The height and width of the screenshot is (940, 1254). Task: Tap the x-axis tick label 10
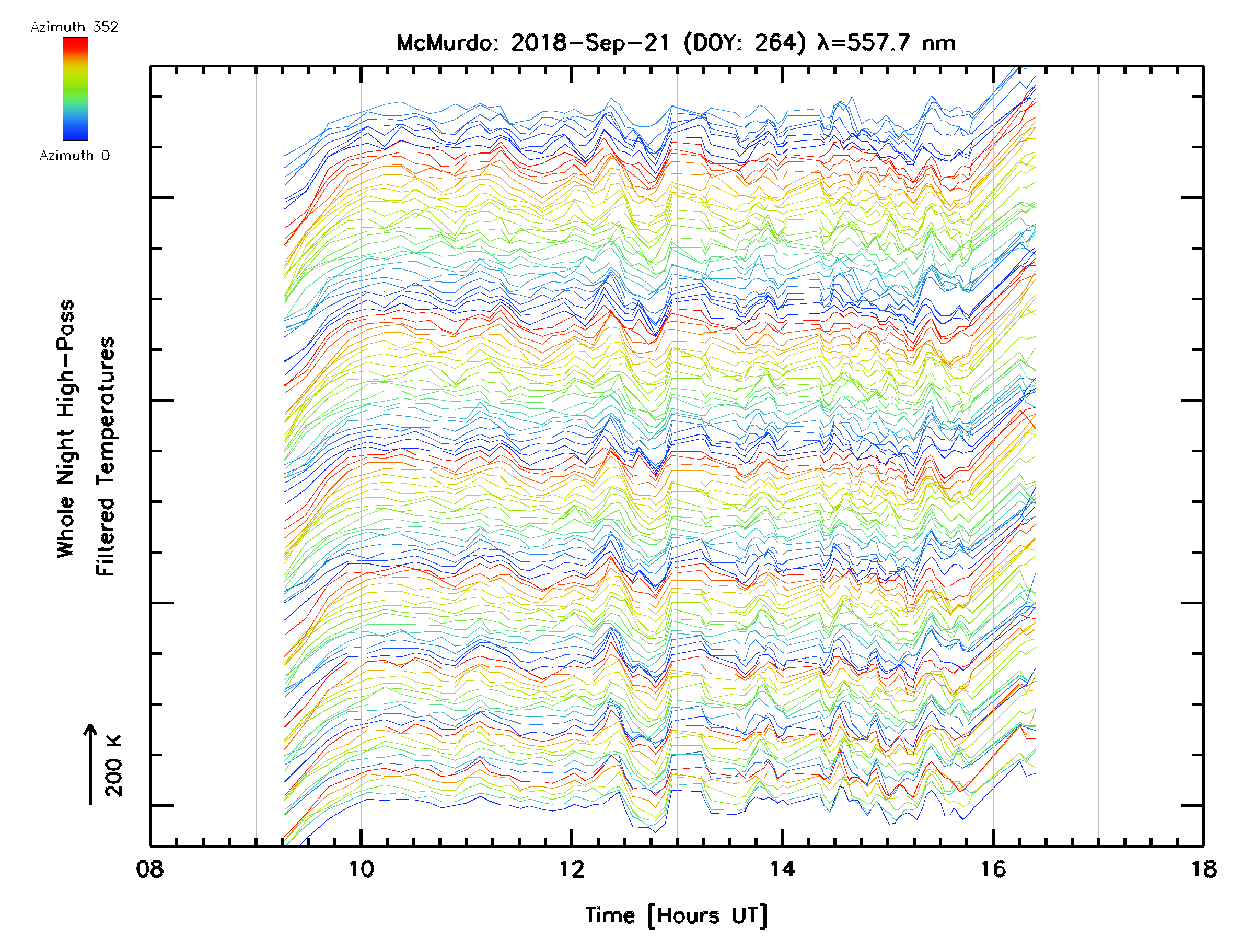click(361, 869)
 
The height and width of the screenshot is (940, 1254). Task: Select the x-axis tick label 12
click(572, 869)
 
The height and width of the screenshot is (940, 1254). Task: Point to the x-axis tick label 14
click(782, 869)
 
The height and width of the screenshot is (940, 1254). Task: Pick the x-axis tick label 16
click(993, 869)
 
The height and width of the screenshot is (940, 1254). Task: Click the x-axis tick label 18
click(1203, 869)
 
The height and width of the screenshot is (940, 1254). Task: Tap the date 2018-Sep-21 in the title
click(590, 43)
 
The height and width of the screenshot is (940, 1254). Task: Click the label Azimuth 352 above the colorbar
click(74, 27)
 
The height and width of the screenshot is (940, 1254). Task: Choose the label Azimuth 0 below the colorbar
click(74, 155)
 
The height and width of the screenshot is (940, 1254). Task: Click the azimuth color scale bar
click(75, 89)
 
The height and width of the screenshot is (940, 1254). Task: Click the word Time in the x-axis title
click(610, 915)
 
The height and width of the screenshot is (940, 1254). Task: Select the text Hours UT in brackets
click(707, 915)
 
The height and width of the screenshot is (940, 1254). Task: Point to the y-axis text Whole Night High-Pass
click(66, 428)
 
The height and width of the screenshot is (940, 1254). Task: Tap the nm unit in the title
click(939, 43)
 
